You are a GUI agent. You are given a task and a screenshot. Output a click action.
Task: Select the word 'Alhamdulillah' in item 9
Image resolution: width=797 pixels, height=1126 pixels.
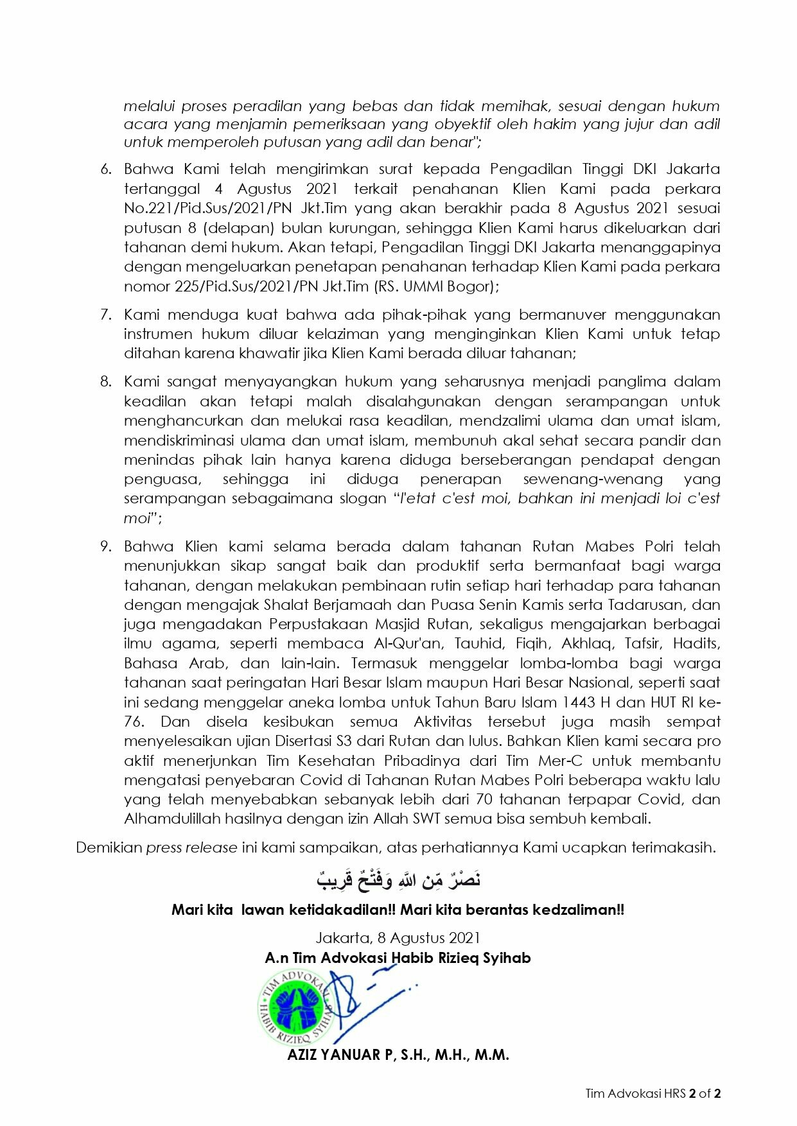(165, 819)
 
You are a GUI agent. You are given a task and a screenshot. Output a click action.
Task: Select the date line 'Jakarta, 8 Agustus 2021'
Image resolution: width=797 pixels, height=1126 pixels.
(398, 938)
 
